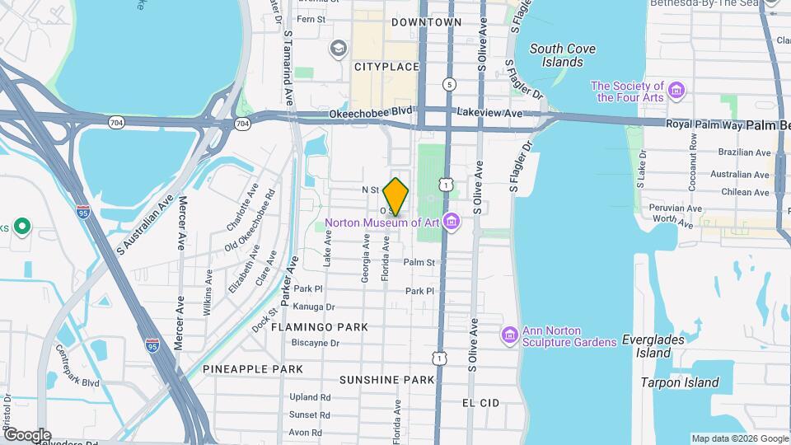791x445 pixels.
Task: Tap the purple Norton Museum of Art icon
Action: [x=451, y=222]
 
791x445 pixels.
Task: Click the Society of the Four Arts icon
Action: [x=676, y=89]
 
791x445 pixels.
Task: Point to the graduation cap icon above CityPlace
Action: [x=337, y=49]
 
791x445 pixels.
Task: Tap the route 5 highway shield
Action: [x=448, y=84]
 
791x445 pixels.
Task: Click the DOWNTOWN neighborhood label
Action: [x=426, y=22]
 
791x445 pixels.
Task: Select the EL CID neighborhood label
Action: [x=480, y=403]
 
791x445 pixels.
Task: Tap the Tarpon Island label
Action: [x=680, y=382]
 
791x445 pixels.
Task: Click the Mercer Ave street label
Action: [x=181, y=222]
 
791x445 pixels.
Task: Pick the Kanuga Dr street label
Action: [x=311, y=307]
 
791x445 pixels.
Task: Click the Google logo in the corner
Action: [x=26, y=434]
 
